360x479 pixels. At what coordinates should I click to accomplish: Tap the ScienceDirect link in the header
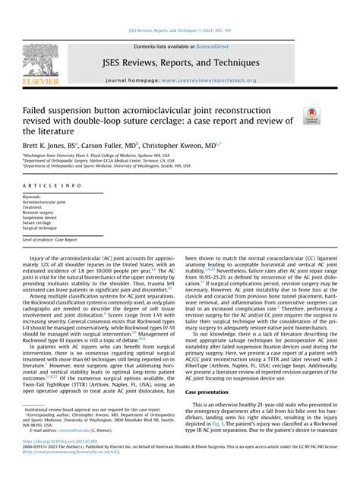215,46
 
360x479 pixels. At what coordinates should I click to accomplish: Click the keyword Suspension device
44,218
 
